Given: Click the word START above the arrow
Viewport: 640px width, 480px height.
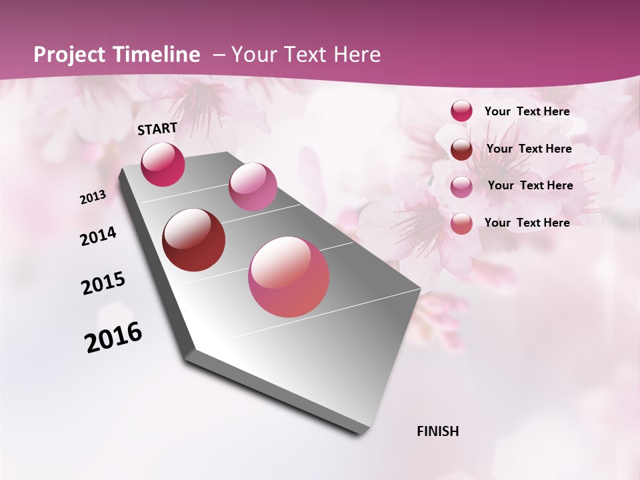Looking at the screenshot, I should [x=157, y=129].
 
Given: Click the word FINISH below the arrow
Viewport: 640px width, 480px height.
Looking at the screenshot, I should [x=438, y=431].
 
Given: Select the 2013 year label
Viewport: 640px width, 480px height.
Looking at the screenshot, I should [x=93, y=197].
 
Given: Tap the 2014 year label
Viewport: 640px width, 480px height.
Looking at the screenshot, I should [x=98, y=236].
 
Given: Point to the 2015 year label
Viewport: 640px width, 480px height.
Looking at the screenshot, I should [x=103, y=283].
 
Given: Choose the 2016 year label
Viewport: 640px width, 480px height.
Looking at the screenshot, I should [x=113, y=337].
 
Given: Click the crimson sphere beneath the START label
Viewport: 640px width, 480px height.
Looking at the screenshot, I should [x=163, y=165].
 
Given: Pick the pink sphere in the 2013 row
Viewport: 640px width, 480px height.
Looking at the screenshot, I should [x=253, y=187].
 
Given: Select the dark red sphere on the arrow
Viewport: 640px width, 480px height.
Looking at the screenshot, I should [x=194, y=240].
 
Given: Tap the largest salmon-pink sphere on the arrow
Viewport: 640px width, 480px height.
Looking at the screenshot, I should [x=289, y=277].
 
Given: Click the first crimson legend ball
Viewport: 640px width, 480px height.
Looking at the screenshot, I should [x=461, y=111].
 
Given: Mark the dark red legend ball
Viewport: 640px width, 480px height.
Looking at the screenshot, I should [x=461, y=149].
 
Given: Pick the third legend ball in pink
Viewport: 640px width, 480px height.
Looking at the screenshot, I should [x=461, y=187].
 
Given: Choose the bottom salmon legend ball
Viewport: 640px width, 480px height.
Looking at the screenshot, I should [x=461, y=223].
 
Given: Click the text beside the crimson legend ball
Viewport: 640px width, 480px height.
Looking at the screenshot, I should [x=527, y=111].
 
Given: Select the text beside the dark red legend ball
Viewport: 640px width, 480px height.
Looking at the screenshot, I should [x=529, y=149].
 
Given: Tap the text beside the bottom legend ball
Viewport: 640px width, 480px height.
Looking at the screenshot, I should [x=527, y=223].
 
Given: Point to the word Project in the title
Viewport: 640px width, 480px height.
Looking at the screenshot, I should [x=69, y=55].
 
